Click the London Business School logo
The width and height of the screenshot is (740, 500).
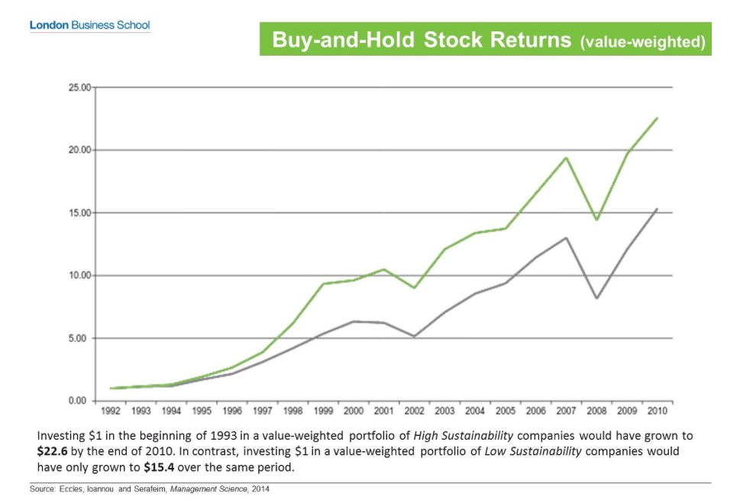[89, 25]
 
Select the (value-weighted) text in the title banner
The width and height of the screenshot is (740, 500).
[642, 42]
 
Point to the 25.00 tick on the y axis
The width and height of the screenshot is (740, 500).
[79, 88]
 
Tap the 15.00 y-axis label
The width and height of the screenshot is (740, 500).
[79, 213]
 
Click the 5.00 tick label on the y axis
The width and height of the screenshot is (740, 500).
[81, 338]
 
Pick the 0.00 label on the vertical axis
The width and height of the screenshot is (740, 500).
[81, 401]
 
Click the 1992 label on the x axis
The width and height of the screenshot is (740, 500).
[111, 411]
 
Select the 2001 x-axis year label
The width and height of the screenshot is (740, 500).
[383, 411]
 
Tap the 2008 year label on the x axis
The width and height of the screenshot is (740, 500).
[596, 411]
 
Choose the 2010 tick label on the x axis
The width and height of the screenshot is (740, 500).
[656, 411]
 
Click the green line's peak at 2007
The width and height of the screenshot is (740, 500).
[566, 158]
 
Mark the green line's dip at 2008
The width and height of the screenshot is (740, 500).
[596, 220]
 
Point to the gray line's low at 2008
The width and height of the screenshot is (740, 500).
[596, 298]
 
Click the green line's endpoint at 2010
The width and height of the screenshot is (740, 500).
[657, 118]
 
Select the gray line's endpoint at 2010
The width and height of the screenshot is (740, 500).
[657, 208]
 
